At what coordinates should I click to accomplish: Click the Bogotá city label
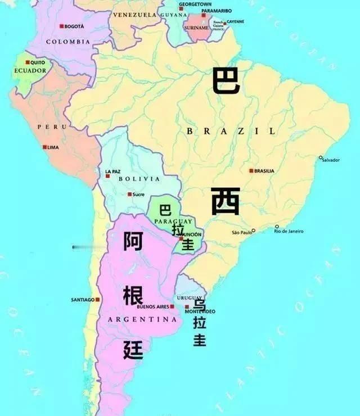[x=74, y=26]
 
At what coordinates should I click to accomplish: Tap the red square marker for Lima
[x=45, y=147]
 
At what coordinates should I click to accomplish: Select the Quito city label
[x=37, y=62]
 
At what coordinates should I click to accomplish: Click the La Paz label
[x=112, y=171]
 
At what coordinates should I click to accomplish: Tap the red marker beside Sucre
[x=130, y=195]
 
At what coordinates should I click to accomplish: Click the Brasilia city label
[x=264, y=171]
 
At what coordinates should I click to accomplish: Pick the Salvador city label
[x=331, y=160]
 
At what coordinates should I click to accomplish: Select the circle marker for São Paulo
[x=253, y=230]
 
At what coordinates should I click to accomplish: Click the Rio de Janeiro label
[x=289, y=231]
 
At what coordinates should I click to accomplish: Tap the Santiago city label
[x=83, y=300]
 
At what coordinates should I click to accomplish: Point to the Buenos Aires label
[x=152, y=307]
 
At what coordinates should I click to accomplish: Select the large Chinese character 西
[x=226, y=201]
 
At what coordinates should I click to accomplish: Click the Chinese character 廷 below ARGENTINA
[x=133, y=349]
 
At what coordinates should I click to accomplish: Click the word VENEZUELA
[x=134, y=15]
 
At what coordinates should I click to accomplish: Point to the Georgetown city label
[x=179, y=4]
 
